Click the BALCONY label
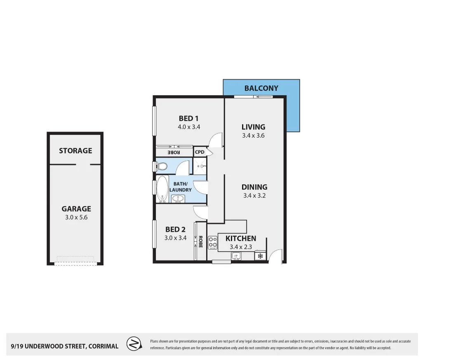click(261, 88)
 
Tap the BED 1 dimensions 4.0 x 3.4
click(189, 127)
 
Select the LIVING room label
click(253, 127)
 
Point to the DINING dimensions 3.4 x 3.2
click(254, 195)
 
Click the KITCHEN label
click(241, 238)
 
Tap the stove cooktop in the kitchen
click(213, 243)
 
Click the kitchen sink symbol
click(236, 256)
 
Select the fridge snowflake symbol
click(260, 256)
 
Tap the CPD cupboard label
click(200, 152)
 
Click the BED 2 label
click(176, 229)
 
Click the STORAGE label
click(75, 151)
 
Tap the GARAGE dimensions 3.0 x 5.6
click(76, 217)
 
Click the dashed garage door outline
click(75, 260)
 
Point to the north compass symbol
click(134, 344)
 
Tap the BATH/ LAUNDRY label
click(181, 187)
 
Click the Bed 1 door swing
click(216, 140)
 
